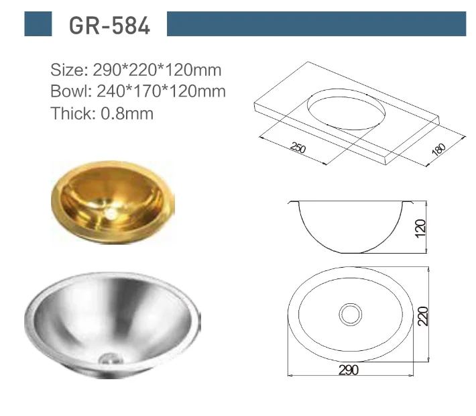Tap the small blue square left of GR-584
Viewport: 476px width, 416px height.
pos(38,23)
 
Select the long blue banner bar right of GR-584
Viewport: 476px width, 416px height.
pos(316,23)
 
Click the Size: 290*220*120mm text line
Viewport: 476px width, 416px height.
pos(136,69)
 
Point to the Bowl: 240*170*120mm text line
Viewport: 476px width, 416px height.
pos(138,91)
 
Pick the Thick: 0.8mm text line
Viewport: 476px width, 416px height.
pos(102,113)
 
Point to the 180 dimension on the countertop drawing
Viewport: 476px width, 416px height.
pos(438,151)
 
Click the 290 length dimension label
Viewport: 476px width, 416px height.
pos(349,370)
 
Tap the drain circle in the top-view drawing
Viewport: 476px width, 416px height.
pos(350,313)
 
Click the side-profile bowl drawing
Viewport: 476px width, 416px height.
pos(349,225)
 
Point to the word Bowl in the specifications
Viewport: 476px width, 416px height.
pos(67,91)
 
